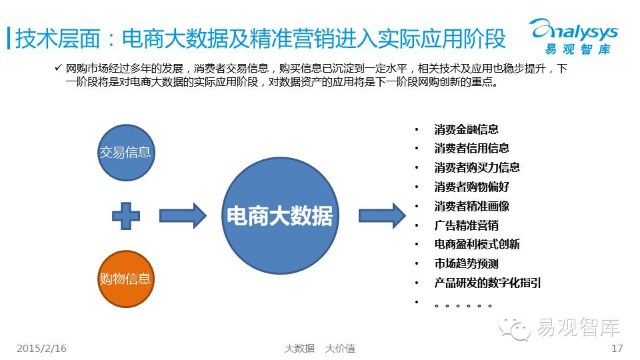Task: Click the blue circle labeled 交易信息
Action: pos(126,153)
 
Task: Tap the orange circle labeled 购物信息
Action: pos(126,279)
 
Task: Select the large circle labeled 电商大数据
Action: pos(280,215)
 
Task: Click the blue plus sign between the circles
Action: pos(126,216)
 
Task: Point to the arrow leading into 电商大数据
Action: pos(183,215)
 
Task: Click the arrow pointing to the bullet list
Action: pos(383,215)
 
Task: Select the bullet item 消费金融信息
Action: pos(467,130)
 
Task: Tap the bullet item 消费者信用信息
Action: pos(472,148)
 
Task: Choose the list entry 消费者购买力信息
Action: pos(477,167)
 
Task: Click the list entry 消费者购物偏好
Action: pos(472,187)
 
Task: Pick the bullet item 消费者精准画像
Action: pos(472,206)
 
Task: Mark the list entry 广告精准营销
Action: pos(467,225)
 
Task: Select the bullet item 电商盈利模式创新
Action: pos(477,244)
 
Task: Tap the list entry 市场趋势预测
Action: pos(467,264)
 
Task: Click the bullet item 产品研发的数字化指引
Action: pos(488,283)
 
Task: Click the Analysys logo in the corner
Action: pos(574,36)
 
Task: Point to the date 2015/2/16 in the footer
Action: pos(41,349)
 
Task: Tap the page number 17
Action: pos(617,349)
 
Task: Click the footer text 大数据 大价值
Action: pos(319,349)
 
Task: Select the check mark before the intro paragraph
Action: pos(58,67)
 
